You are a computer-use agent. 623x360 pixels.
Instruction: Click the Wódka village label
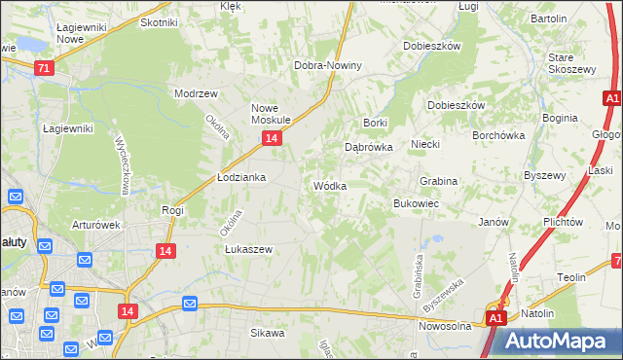(329, 185)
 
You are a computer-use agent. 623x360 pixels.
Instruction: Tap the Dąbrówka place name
(368, 148)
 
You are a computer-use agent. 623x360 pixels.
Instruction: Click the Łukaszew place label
(247, 249)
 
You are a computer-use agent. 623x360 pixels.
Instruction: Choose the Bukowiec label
(416, 203)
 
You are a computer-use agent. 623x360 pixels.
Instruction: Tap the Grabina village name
(438, 181)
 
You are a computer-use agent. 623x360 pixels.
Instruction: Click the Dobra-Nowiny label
(328, 65)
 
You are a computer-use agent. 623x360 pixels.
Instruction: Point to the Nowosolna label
(445, 326)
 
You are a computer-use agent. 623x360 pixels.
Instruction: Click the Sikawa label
(267, 333)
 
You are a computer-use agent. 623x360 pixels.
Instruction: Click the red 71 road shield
(43, 68)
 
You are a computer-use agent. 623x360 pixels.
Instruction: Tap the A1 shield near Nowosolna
(495, 317)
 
